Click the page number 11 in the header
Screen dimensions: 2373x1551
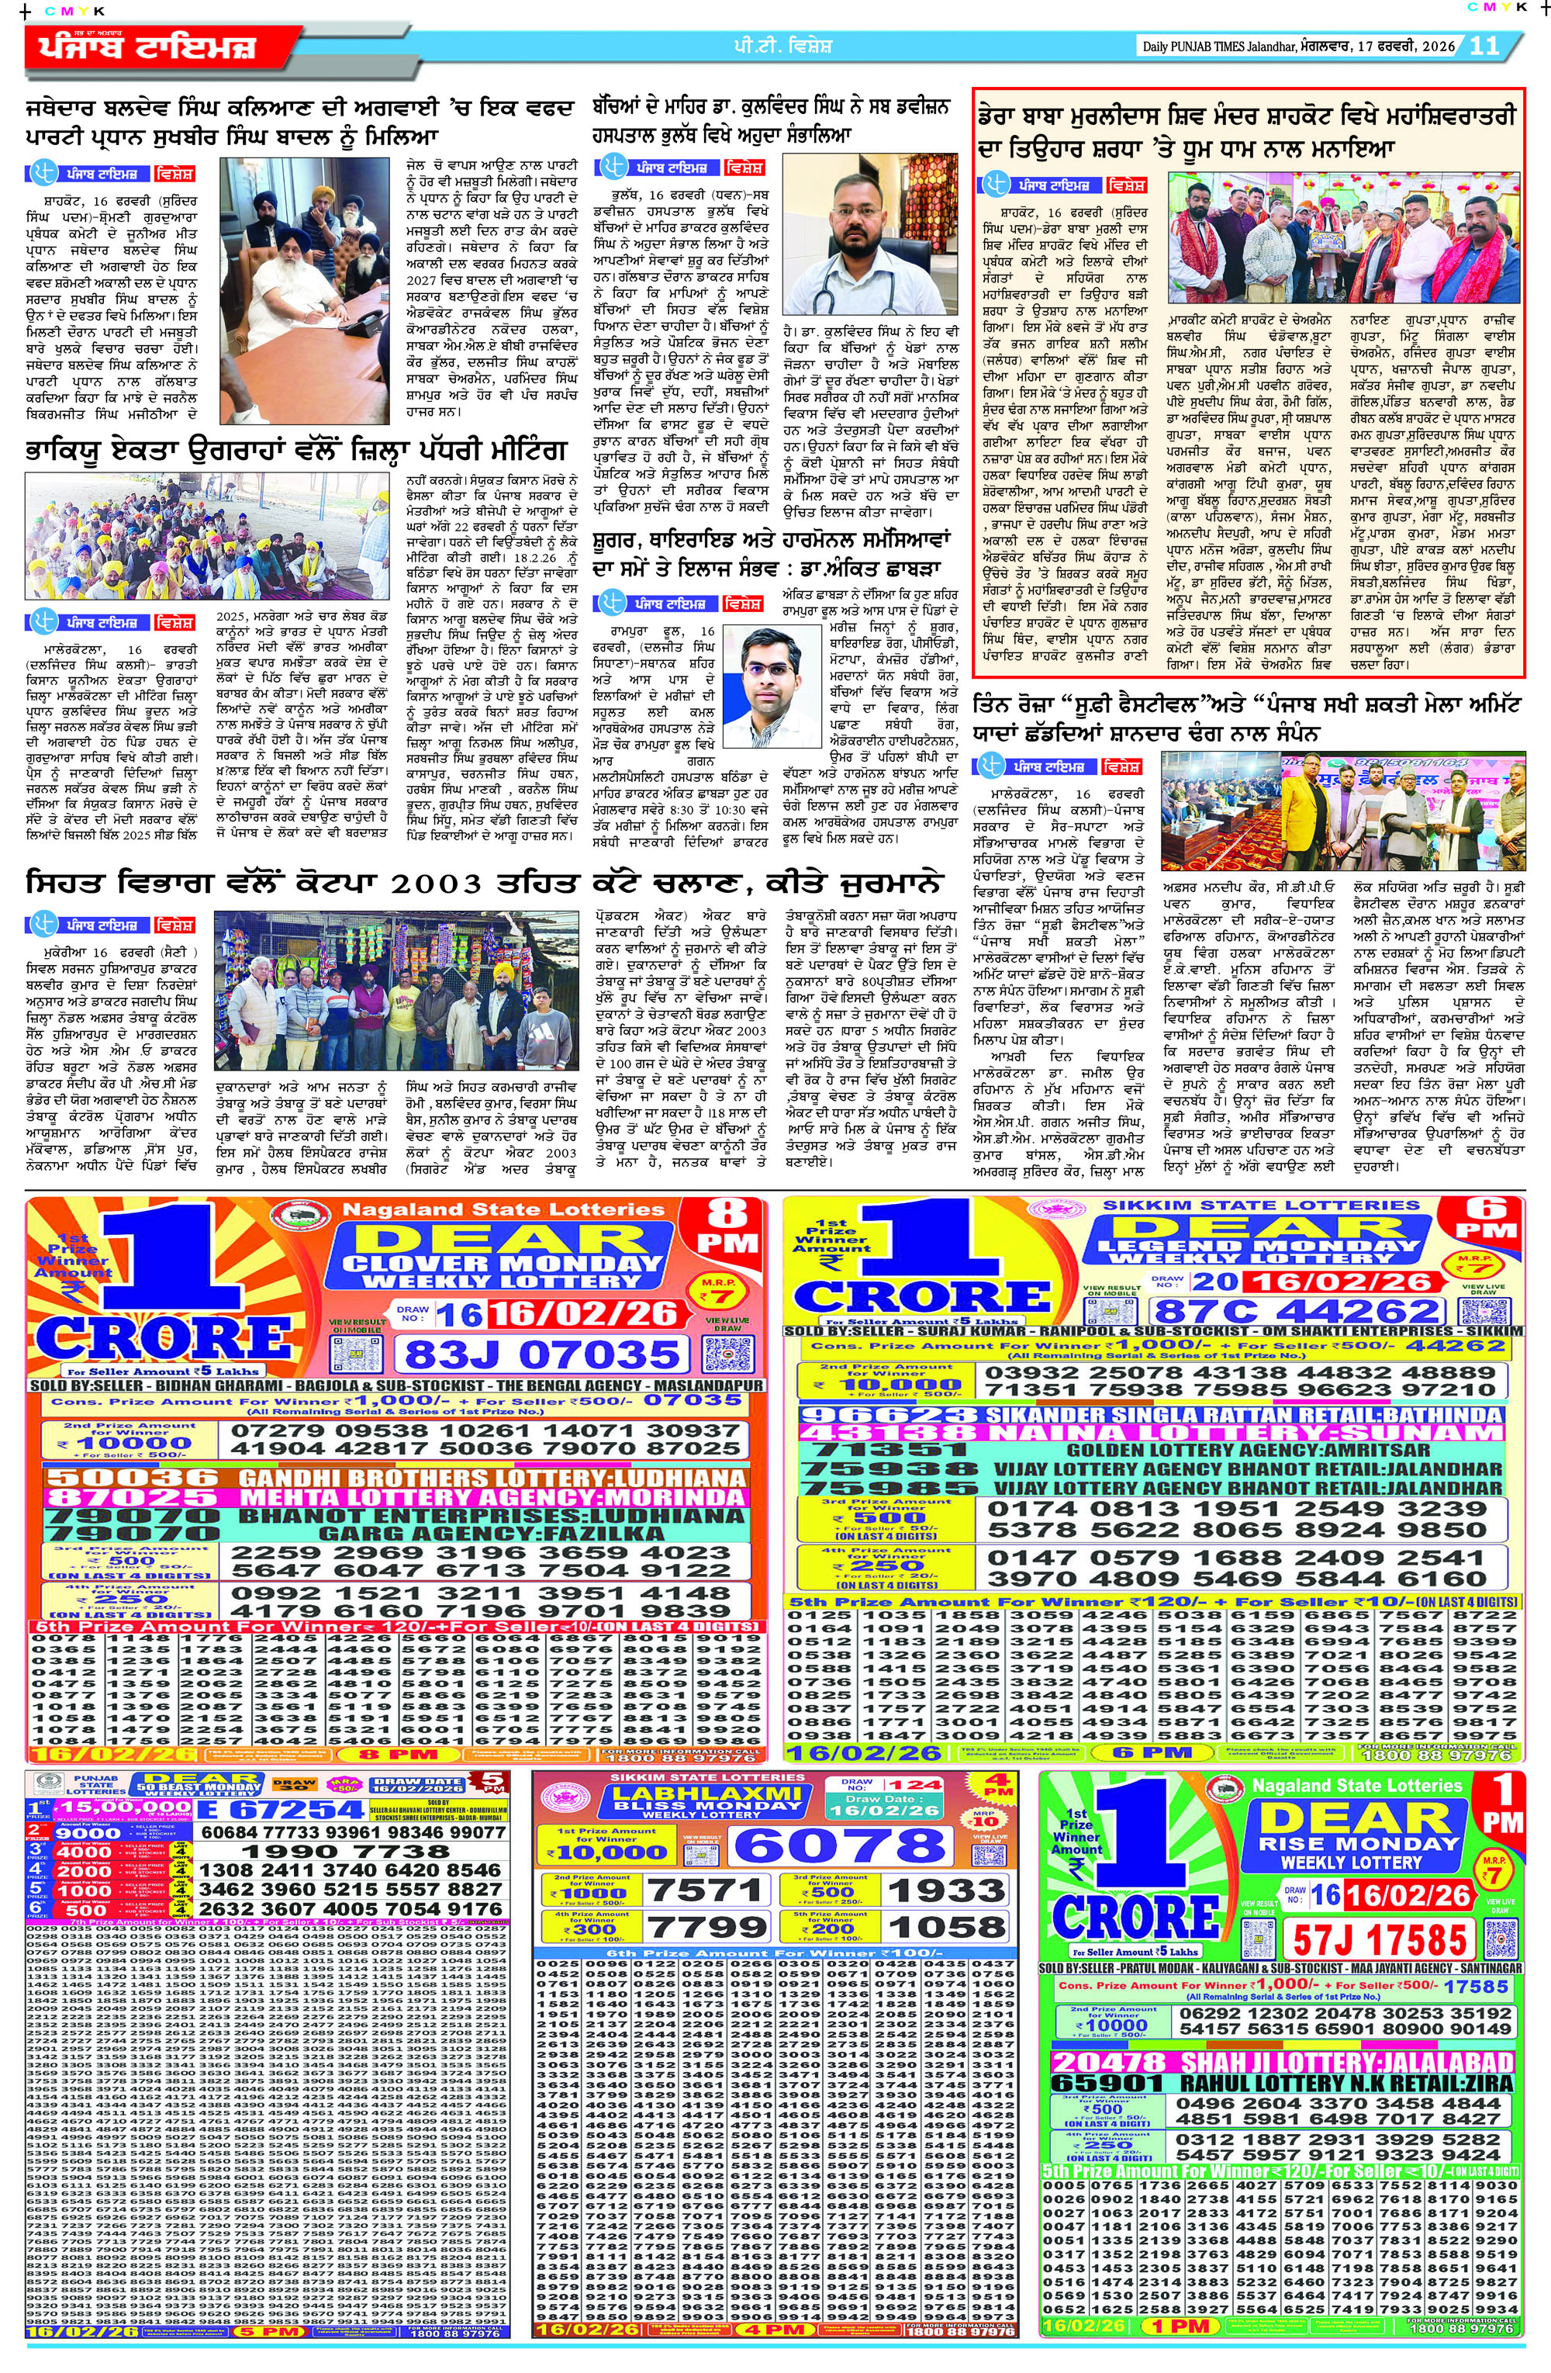(x=1485, y=46)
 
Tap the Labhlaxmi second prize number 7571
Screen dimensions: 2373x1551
(x=706, y=1890)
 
